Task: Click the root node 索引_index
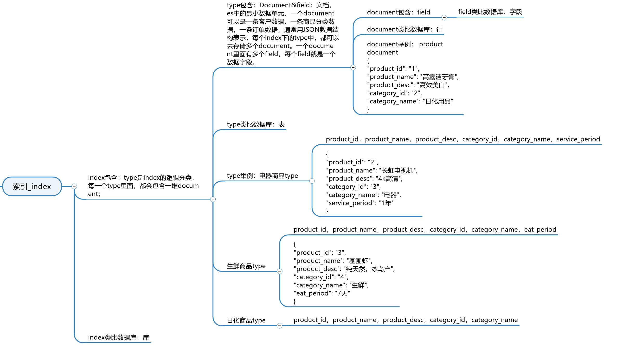(32, 186)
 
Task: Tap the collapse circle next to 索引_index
(74, 186)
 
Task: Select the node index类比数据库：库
(118, 337)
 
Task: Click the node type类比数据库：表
(255, 124)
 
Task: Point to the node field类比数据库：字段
(490, 12)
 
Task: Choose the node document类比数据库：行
(405, 29)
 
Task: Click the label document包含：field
(398, 12)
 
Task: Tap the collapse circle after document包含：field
(444, 18)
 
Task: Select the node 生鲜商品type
(246, 266)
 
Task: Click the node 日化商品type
(246, 320)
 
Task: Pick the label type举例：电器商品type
(262, 176)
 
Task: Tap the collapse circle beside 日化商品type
(280, 326)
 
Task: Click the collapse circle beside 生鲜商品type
(280, 271)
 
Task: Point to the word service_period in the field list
(578, 139)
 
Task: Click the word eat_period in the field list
(540, 229)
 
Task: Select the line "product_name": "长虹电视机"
(372, 170)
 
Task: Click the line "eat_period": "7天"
(322, 293)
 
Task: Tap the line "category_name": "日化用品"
(410, 101)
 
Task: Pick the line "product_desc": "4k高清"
(364, 178)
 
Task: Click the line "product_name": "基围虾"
(333, 261)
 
